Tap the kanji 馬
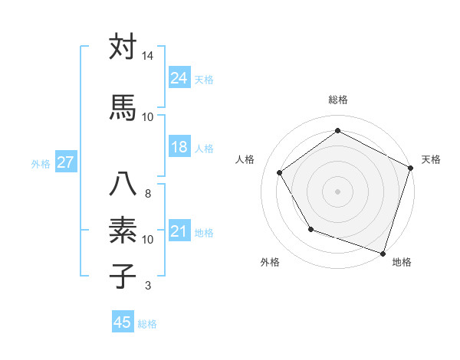(123, 106)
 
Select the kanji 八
(123, 184)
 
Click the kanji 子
(123, 276)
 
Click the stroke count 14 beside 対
(147, 57)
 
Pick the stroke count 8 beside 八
(147, 193)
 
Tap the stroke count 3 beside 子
(147, 286)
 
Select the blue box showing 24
(179, 77)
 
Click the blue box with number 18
(179, 147)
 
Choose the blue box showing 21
(179, 231)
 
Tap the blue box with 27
(65, 162)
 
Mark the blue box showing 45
(123, 322)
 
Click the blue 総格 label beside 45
(147, 324)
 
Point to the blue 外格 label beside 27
(41, 163)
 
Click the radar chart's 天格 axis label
(431, 159)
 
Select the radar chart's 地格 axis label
(402, 262)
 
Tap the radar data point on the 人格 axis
(280, 172)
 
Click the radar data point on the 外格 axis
(310, 229)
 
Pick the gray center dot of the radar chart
(337, 191)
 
